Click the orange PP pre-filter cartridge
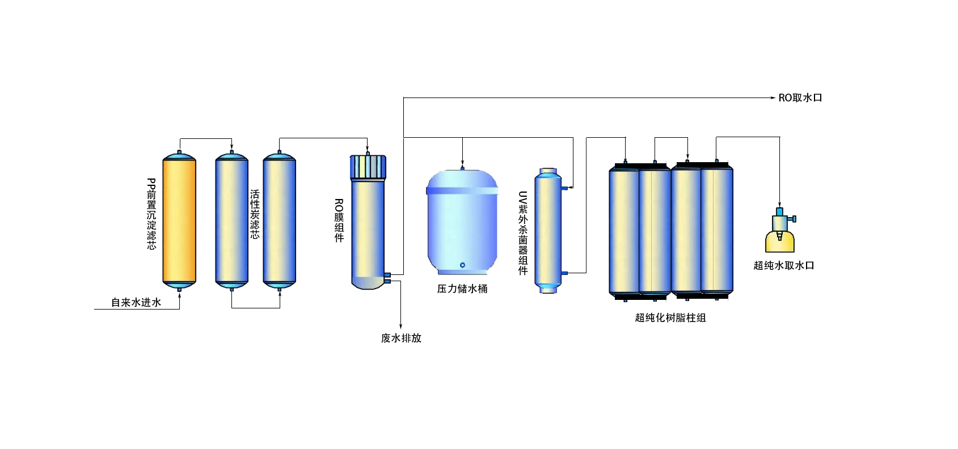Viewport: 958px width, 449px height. tap(179, 221)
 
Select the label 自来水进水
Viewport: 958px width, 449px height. tap(136, 302)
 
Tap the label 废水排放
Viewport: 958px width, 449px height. tap(401, 338)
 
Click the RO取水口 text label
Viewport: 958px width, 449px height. tap(800, 98)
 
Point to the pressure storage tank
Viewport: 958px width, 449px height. tap(462, 224)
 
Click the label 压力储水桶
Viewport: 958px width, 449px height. tap(462, 289)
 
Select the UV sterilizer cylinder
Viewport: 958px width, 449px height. tap(548, 231)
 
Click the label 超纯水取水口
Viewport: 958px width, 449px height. tap(784, 265)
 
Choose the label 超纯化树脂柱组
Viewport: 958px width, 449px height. tap(670, 318)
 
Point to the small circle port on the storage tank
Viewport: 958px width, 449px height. tap(462, 265)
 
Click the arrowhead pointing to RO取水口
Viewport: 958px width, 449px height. tap(773, 98)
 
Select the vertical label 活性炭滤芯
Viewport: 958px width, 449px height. tap(255, 214)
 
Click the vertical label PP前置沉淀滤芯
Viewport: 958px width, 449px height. tap(151, 214)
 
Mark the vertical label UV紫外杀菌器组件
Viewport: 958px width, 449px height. tap(523, 233)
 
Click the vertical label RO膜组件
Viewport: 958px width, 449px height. tap(339, 221)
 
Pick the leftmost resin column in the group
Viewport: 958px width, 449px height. tap(624, 231)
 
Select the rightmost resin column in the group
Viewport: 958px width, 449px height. tap(717, 231)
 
